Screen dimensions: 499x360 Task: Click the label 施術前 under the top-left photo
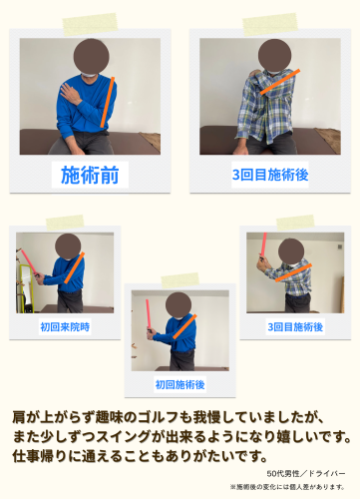click(89, 176)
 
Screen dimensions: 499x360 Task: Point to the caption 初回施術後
click(180, 383)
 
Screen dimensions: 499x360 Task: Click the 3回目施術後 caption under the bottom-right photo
click(295, 325)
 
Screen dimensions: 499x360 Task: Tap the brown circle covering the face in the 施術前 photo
click(92, 57)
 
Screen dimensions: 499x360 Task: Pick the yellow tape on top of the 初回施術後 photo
click(180, 280)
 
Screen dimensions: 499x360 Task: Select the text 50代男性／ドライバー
click(306, 472)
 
